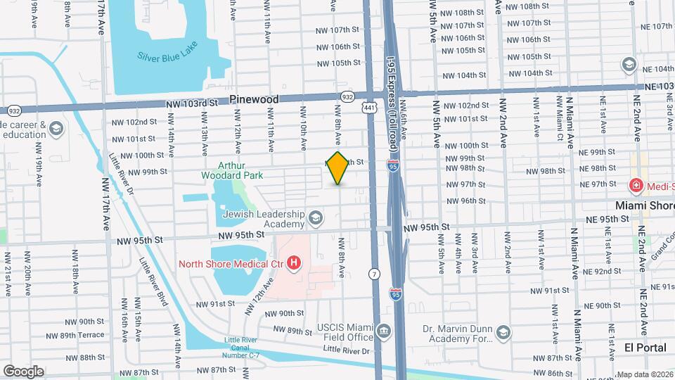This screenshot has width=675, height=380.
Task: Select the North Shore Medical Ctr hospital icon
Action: pyautogui.click(x=294, y=264)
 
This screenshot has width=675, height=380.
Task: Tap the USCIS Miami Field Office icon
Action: pyautogui.click(x=383, y=331)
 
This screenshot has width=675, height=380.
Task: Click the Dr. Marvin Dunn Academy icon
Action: pyautogui.click(x=503, y=331)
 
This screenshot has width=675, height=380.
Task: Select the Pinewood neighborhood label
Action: pyautogui.click(x=257, y=100)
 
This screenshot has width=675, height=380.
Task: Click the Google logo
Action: pyautogui.click(x=23, y=371)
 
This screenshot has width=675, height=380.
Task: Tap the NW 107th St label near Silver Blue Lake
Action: pyautogui.click(x=338, y=30)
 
